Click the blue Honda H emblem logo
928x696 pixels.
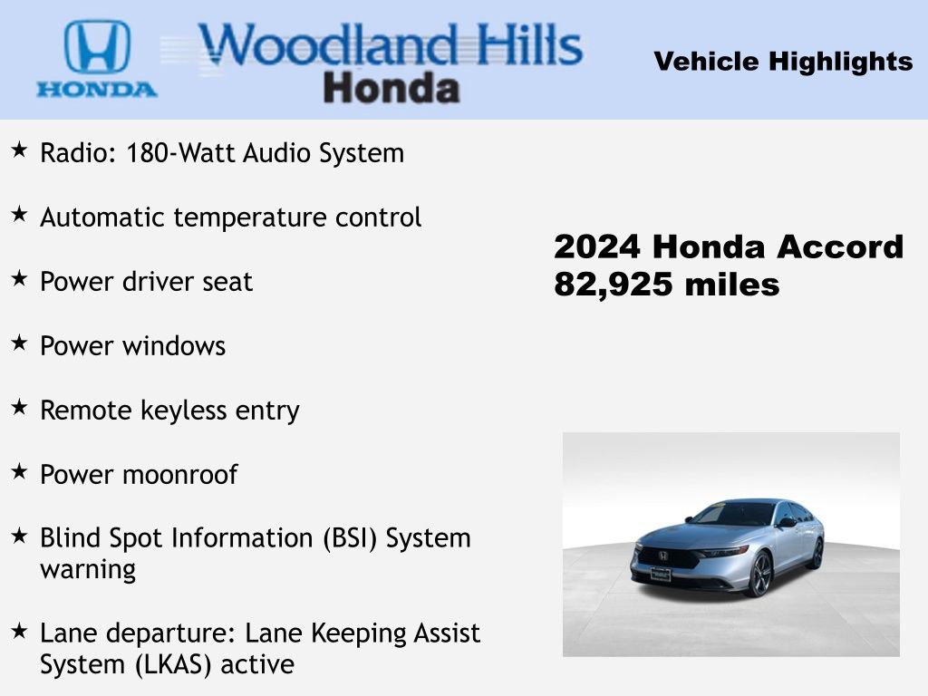pos(97,47)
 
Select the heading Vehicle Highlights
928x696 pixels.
pos(783,62)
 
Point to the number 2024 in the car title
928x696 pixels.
pos(596,246)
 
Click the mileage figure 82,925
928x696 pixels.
pos(614,285)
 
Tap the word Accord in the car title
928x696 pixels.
pos(840,246)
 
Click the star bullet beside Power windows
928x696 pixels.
pos(19,342)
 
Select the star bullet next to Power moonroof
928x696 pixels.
pos(19,471)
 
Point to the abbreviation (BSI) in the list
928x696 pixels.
pos(350,538)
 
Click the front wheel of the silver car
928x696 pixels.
pos(760,574)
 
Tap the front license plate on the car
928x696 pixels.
pos(661,574)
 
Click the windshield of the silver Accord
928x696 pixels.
pos(734,514)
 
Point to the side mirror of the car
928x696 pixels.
pos(787,522)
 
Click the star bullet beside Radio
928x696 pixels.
pos(19,150)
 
